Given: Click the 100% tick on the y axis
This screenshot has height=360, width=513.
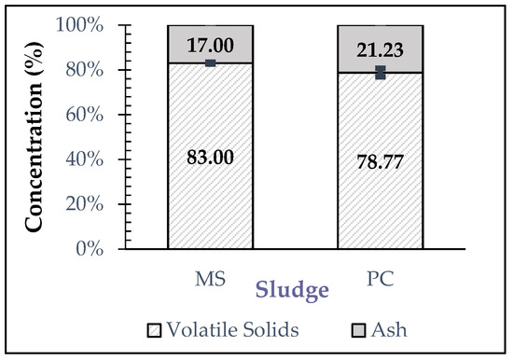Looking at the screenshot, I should pos(82,25).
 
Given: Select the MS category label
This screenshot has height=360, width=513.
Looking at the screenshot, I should pos(210,277).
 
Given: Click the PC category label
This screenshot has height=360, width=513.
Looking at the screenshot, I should pos(380,277).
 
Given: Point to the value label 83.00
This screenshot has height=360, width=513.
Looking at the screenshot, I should pos(210,158).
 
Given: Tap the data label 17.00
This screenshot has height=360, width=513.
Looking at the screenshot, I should pos(210,42).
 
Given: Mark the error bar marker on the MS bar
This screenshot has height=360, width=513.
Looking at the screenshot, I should pos(210,63).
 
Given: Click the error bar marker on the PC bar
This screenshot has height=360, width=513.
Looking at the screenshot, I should pos(380,72).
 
